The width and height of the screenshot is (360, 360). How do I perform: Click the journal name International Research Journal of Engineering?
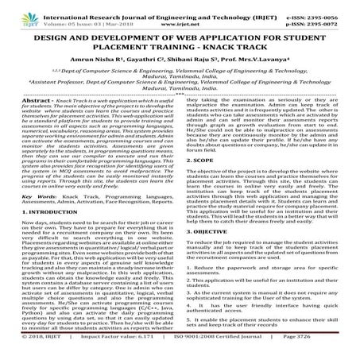[x=167, y=6]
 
